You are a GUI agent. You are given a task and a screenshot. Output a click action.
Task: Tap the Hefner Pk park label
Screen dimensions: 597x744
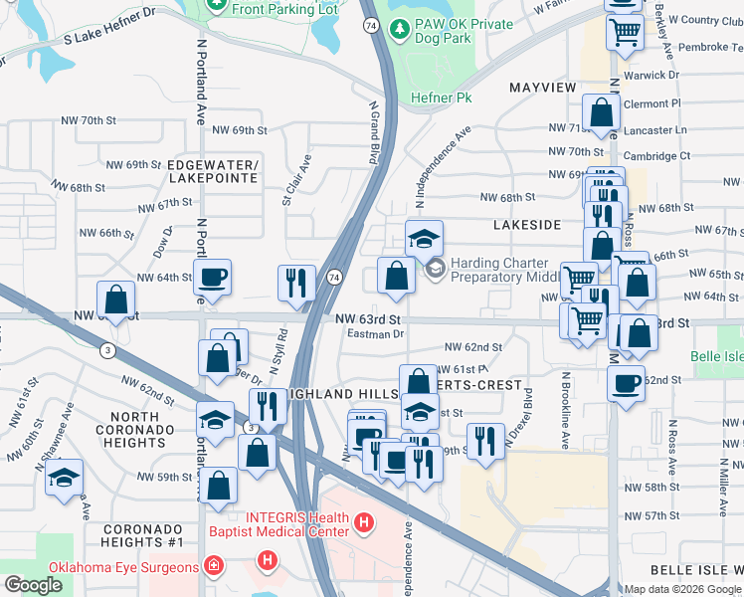(441, 98)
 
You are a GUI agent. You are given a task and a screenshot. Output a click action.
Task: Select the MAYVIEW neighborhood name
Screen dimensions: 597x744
(543, 88)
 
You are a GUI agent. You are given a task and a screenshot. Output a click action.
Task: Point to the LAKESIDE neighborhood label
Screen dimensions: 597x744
(527, 225)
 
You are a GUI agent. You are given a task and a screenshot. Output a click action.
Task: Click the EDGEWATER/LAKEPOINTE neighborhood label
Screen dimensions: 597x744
(213, 171)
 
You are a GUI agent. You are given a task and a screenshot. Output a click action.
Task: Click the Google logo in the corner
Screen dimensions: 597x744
(33, 584)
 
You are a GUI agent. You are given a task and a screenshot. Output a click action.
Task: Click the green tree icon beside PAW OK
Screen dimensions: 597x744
(399, 29)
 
